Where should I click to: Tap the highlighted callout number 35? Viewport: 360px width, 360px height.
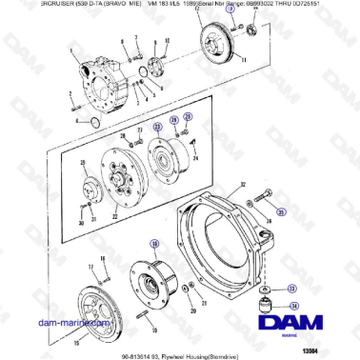(x=282, y=211)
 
